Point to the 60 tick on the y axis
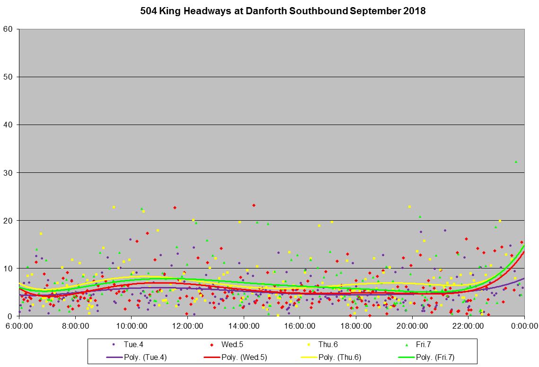11,29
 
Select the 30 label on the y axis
11,173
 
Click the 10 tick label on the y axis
11,269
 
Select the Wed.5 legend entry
232,345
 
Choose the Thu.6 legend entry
328,345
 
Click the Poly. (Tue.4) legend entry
139,358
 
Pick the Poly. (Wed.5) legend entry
243,358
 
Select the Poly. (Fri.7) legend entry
435,358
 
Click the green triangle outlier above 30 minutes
516,162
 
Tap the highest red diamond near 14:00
254,205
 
